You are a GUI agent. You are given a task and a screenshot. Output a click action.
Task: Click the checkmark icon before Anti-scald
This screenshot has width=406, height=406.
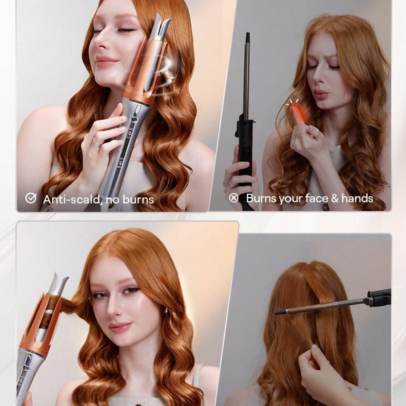tap(31, 198)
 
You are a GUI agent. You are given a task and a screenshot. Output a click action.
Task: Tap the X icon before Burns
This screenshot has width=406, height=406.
tap(233, 198)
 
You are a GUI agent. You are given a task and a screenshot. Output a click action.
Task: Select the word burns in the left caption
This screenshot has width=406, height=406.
tap(138, 200)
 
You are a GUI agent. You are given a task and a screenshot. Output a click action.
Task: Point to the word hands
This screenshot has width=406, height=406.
tap(357, 198)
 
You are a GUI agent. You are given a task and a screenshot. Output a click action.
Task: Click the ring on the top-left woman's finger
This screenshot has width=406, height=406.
tap(96, 143)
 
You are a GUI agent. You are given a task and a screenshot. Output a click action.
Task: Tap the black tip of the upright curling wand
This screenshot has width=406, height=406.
tap(248, 37)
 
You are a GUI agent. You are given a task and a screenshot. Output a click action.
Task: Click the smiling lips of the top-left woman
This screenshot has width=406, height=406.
tap(106, 61)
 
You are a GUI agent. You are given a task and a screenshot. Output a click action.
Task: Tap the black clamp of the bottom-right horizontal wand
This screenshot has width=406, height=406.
tap(379, 298)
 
